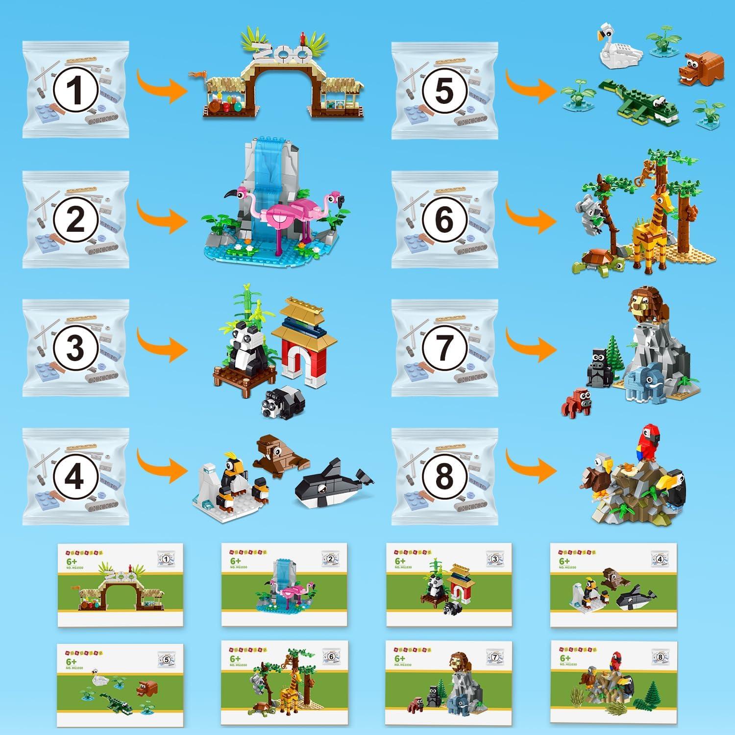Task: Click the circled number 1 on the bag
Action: coord(74,91)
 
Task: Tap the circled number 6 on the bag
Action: coord(444,220)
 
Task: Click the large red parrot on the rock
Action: coord(648,443)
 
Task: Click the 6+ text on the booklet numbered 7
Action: coord(400,659)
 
